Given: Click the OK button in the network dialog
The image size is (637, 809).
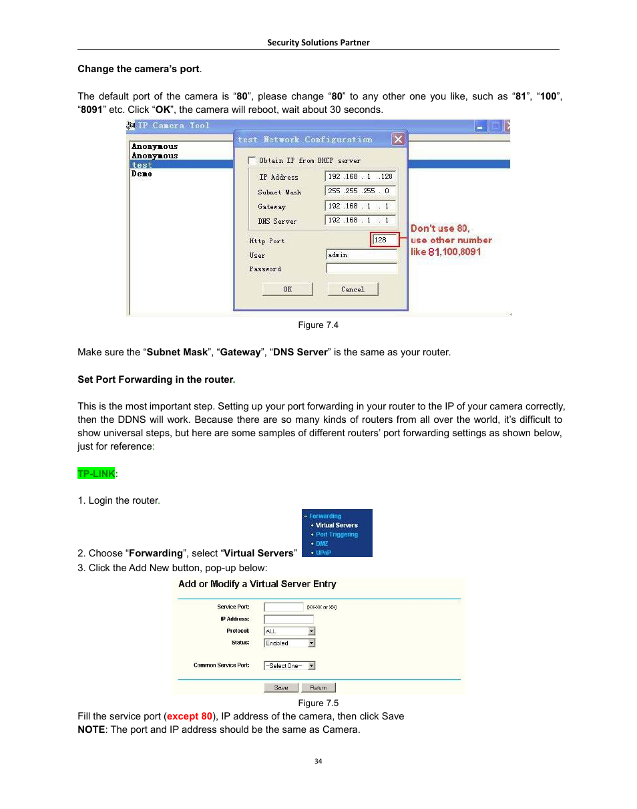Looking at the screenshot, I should pos(287,289).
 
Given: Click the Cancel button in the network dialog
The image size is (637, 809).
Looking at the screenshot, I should pos(353,289).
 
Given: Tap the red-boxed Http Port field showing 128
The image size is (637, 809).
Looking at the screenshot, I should pos(384,240).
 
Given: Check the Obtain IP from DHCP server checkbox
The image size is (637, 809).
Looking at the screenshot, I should pos(252,160).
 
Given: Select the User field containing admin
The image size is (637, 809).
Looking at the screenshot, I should pos(361,255).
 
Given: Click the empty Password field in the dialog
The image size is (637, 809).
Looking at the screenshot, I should pos(361,269).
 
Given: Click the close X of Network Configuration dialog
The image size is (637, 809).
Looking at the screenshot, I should pos(398,140).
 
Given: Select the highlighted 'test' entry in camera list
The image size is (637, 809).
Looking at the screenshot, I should pos(142,164).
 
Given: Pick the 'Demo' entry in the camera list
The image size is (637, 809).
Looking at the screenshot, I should pos(142,174).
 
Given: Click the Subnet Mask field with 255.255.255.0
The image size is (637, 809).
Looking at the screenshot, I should pos(361,191).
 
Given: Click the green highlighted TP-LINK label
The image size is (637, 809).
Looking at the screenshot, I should pos(96,474).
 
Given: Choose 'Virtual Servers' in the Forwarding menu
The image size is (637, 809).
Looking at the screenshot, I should pos(337,525).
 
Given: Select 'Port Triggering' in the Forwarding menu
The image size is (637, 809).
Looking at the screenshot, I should pos(337,534).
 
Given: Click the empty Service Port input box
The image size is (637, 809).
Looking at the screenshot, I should pos(284,607).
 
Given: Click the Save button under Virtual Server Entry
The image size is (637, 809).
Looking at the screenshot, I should pos(281,687).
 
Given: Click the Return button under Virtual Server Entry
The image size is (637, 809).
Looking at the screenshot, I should pos(318,687).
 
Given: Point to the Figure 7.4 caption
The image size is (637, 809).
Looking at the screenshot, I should pos(318,325).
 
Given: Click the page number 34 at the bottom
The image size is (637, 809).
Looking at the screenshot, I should pos(318,761).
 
